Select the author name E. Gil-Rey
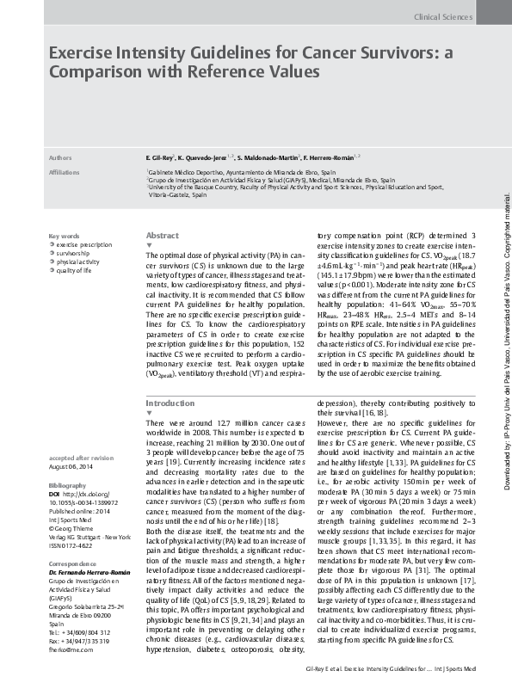(x=161, y=159)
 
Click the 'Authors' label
(x=60, y=159)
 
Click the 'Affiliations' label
(x=65, y=172)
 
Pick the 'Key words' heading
(x=64, y=236)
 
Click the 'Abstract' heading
(x=163, y=235)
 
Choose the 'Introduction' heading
(x=170, y=403)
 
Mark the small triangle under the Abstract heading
(x=149, y=244)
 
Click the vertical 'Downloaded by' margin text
(x=505, y=327)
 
